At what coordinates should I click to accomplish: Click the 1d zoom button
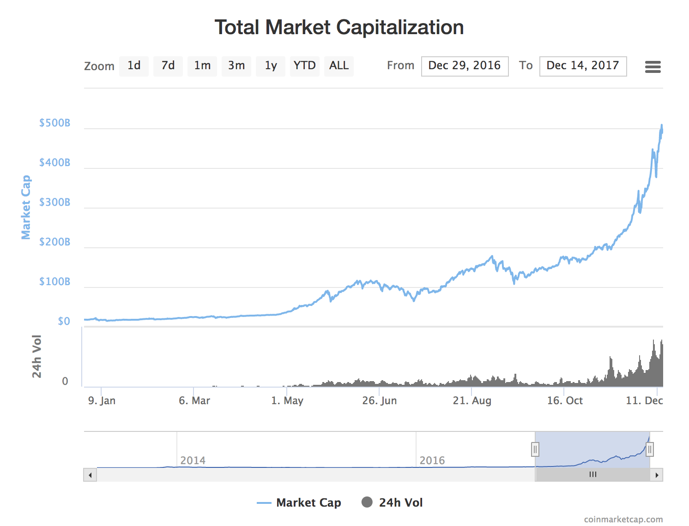(x=134, y=66)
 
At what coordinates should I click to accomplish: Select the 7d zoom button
(x=168, y=66)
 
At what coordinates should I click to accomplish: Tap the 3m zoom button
(x=236, y=66)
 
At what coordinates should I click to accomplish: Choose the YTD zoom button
(x=305, y=66)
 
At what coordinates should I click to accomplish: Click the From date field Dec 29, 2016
(x=465, y=66)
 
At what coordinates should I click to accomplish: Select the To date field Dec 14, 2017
(x=583, y=66)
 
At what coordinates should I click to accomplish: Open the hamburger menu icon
(x=653, y=67)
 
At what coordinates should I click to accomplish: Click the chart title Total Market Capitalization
(x=339, y=27)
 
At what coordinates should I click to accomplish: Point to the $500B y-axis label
(x=55, y=123)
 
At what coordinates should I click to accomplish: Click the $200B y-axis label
(x=55, y=242)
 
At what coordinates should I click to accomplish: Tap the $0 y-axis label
(x=64, y=321)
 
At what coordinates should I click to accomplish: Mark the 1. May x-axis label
(x=287, y=400)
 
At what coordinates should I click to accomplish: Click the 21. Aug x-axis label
(x=472, y=400)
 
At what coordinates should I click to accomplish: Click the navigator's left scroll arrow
(x=90, y=475)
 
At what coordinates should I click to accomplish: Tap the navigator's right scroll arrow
(x=657, y=475)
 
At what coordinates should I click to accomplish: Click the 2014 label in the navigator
(x=193, y=460)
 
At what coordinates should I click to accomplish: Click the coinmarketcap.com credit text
(x=623, y=520)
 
